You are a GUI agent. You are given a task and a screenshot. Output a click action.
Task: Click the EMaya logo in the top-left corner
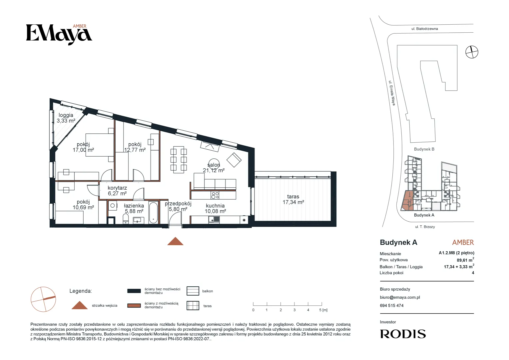59,34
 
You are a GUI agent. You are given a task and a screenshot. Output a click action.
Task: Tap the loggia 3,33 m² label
66,118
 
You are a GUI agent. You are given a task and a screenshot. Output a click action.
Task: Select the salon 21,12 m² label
214,168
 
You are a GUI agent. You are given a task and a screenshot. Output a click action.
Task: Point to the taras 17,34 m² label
293,199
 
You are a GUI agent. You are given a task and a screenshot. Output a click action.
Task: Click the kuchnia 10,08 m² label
215,208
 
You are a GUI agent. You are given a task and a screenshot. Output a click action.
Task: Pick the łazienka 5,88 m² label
134,208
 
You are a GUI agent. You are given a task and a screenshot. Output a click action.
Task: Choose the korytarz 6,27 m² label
117,191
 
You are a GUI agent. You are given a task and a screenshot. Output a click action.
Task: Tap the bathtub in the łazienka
154,213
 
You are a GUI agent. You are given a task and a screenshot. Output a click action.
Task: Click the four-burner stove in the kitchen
215,195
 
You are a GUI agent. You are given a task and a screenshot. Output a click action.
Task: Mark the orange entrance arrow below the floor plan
175,241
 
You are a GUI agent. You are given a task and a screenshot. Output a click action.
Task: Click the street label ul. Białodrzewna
424,29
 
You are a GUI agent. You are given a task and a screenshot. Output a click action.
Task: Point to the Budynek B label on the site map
424,149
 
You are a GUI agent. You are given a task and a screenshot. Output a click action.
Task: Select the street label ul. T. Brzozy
425,227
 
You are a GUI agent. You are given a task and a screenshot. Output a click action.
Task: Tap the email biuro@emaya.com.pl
400,297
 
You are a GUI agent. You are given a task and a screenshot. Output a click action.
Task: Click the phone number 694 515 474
391,306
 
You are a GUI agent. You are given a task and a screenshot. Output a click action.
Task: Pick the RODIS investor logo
403,334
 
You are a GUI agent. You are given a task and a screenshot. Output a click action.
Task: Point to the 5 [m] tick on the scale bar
322,304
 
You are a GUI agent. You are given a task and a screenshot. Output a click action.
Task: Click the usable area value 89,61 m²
465,260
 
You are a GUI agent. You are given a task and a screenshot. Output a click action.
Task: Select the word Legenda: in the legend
81,291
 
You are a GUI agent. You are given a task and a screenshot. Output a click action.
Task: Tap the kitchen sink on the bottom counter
214,219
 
